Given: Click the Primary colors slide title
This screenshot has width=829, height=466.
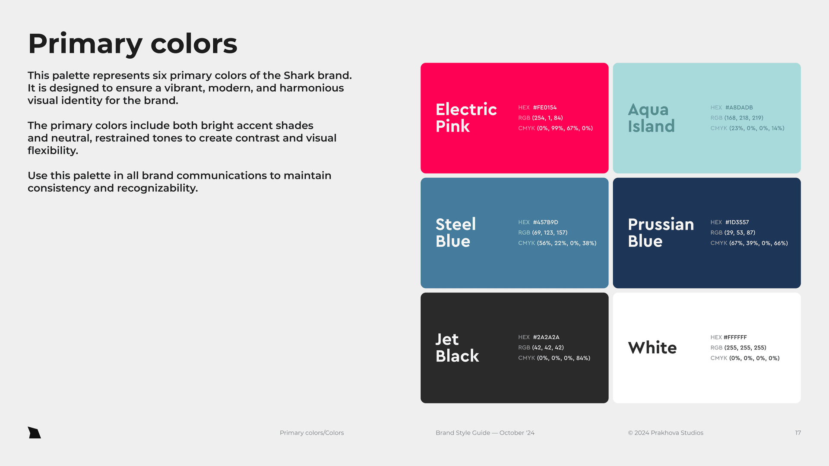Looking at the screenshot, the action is [x=133, y=44].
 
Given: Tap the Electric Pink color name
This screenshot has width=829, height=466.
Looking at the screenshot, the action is [x=466, y=118].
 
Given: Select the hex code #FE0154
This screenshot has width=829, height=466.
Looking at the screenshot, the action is [x=545, y=107].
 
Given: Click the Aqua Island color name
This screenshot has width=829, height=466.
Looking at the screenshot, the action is [x=651, y=118].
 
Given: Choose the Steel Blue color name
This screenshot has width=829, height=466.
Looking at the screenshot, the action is [x=456, y=233].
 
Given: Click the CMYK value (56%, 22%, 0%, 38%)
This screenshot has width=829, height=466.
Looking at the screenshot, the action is [x=566, y=243].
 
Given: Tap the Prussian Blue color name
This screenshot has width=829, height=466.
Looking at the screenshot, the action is [x=661, y=233].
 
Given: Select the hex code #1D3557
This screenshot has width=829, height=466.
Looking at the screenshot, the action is [x=737, y=222].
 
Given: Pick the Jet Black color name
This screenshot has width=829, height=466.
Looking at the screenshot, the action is [x=457, y=347].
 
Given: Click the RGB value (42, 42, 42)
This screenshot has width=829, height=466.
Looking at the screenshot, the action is [x=548, y=347].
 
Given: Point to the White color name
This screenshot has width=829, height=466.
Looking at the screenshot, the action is [x=652, y=348].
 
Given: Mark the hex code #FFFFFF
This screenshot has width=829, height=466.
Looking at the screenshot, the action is [x=735, y=337].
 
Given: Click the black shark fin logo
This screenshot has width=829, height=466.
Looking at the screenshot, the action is [x=34, y=433].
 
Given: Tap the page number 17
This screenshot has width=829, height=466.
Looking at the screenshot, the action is [x=798, y=433].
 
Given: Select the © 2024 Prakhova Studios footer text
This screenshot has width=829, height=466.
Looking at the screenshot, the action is [x=666, y=433].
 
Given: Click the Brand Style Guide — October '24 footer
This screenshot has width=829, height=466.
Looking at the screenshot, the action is [x=485, y=433].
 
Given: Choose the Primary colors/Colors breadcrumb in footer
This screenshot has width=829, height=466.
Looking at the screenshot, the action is [x=312, y=433].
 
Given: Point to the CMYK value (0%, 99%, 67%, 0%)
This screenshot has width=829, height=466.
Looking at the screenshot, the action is [x=565, y=128].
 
